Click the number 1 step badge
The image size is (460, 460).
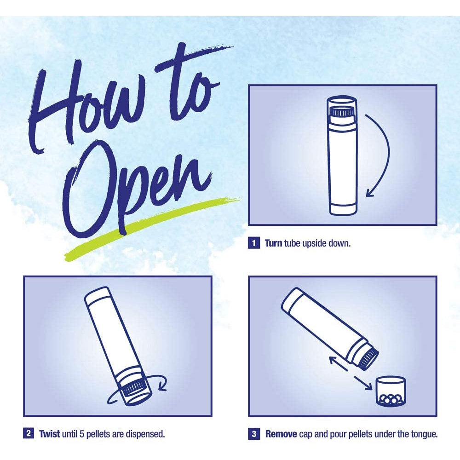point(253,243)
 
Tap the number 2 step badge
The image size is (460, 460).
point(29,433)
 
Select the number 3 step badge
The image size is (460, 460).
point(254,434)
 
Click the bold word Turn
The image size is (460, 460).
point(273,243)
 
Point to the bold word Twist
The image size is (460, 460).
point(50,434)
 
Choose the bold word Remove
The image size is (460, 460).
point(281,434)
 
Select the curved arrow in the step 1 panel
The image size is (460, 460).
point(388,153)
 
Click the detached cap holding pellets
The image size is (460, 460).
point(391,391)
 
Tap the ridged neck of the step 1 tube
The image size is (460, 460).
point(342,112)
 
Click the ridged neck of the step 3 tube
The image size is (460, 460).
point(368,357)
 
